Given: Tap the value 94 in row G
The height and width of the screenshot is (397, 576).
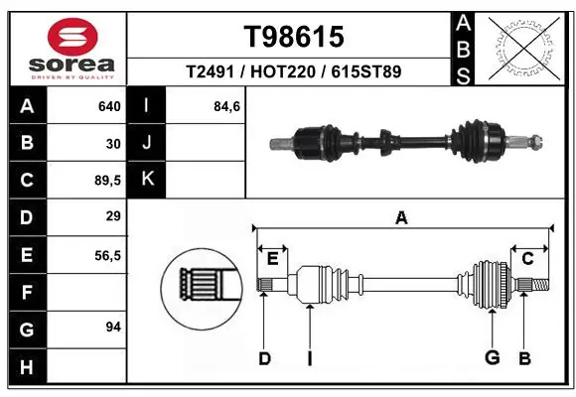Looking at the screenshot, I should point(112,327).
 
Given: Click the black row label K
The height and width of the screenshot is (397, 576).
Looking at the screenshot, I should point(147,180).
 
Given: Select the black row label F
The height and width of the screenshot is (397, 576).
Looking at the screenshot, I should point(26,292).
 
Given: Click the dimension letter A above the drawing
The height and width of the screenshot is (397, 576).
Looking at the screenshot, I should point(402,218).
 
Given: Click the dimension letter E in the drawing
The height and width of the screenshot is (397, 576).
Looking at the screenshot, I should point(272,259).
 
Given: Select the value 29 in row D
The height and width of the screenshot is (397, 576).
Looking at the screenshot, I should point(112,217).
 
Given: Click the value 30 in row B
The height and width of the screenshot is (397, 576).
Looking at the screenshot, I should point(112,144).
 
